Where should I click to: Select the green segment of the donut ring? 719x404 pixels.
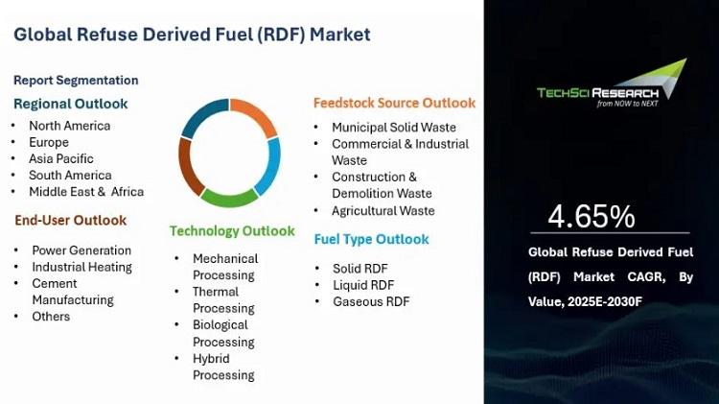pyautogui.click(x=229, y=199)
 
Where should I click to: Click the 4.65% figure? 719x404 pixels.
pyautogui.click(x=591, y=216)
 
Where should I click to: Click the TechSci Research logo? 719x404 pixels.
pyautogui.click(x=612, y=84)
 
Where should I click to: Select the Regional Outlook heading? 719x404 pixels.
pyautogui.click(x=71, y=104)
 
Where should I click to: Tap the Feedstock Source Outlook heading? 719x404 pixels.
pyautogui.click(x=394, y=103)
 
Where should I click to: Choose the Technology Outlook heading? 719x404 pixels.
pyautogui.click(x=232, y=231)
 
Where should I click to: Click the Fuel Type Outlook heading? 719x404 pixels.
pyautogui.click(x=371, y=239)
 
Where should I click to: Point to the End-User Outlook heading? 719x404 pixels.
pyautogui.click(x=71, y=221)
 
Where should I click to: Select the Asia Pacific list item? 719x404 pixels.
pyautogui.click(x=61, y=159)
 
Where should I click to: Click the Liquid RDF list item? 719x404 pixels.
pyautogui.click(x=363, y=285)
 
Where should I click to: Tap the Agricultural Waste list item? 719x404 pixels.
pyautogui.click(x=383, y=211)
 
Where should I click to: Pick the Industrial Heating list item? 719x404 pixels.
pyautogui.click(x=82, y=267)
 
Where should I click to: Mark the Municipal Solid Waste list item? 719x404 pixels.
pyautogui.click(x=394, y=128)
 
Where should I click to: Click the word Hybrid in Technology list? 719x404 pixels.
pyautogui.click(x=211, y=359)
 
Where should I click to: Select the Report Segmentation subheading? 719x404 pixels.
pyautogui.click(x=76, y=81)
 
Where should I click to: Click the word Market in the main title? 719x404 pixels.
pyautogui.click(x=339, y=35)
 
